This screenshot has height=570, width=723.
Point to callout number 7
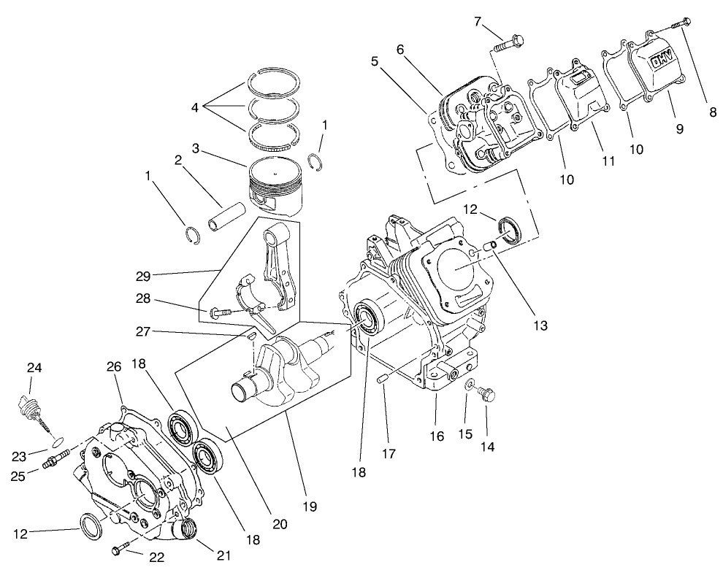click(478, 21)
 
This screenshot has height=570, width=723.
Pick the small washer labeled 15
click(470, 384)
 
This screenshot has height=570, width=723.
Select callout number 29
click(142, 276)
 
